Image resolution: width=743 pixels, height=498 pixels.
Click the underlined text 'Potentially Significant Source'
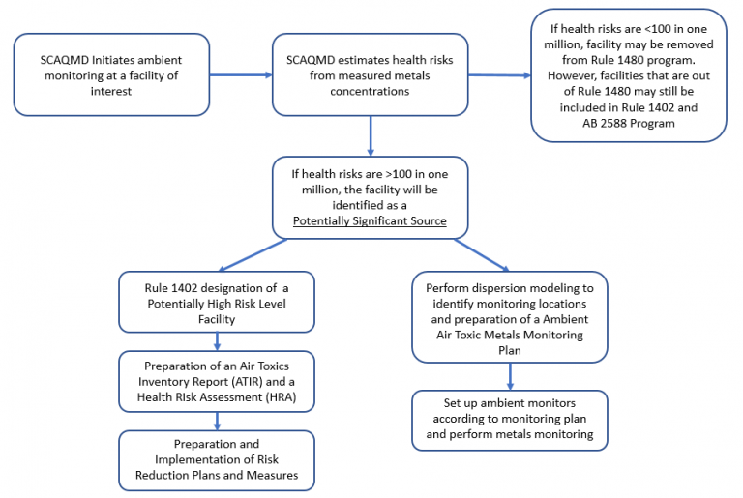(371, 220)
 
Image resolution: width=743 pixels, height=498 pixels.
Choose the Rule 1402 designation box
(217, 301)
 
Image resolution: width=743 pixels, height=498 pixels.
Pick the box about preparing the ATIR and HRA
(217, 381)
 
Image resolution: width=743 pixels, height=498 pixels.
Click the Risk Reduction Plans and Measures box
(217, 459)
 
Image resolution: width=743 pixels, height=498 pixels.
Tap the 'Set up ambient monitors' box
(510, 420)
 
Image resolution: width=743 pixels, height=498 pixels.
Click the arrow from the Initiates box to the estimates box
(241, 75)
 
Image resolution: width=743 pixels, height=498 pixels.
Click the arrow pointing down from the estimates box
(371, 135)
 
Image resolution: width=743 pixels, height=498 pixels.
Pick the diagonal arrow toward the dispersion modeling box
(480, 254)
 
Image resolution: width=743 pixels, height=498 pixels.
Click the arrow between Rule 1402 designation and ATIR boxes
(217, 340)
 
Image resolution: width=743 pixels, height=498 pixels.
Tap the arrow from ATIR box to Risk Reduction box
(217, 421)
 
